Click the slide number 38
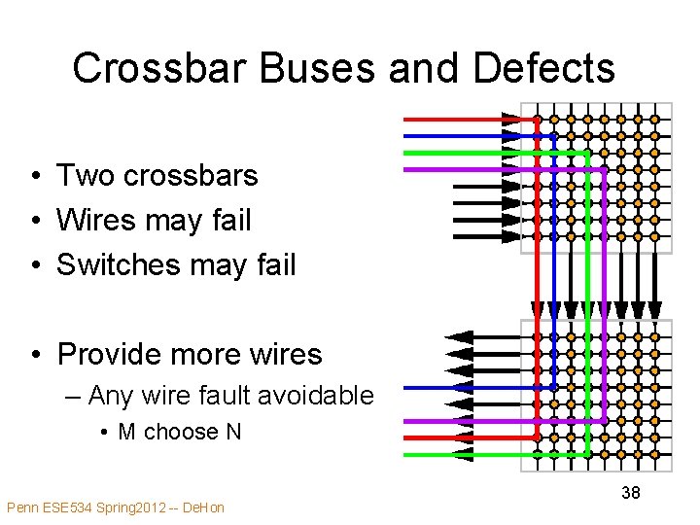tap(631, 493)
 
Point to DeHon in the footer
tap(202, 507)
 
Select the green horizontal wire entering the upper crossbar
tap(457, 153)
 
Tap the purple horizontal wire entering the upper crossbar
tap(457, 169)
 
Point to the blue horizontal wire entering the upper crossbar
tap(457, 136)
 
